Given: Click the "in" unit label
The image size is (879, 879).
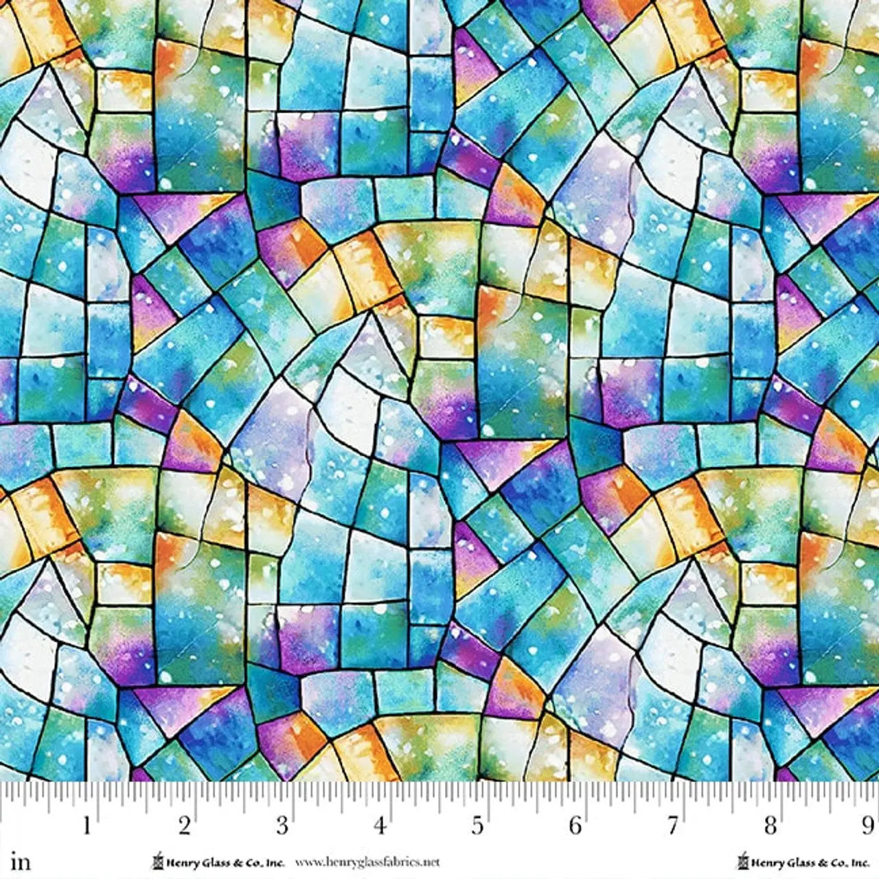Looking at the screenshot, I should click(21, 861).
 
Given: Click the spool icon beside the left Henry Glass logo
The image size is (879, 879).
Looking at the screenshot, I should click(157, 860).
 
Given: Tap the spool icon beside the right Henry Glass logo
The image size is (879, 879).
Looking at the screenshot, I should click(742, 860).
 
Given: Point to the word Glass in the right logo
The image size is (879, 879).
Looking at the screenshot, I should click(795, 861).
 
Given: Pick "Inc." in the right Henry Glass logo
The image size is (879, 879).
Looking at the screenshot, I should click(860, 861).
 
